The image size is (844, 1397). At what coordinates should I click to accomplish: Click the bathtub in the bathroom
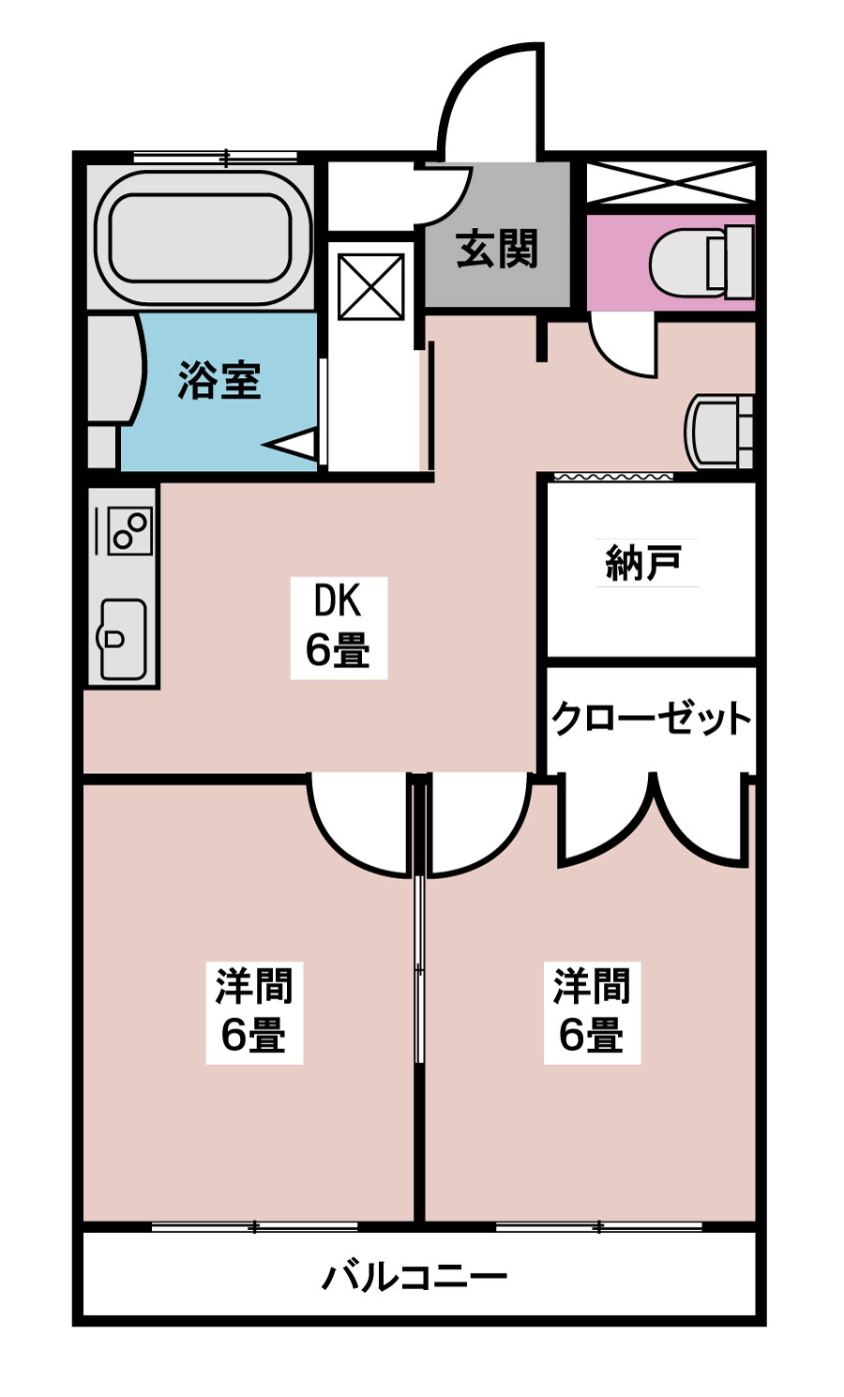point(203,236)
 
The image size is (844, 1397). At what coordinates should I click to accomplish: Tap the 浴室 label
point(219,381)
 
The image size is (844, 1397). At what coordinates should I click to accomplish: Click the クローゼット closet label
point(651,720)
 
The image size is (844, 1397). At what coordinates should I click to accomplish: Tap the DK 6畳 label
point(338,626)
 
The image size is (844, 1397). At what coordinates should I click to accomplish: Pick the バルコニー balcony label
point(415,1277)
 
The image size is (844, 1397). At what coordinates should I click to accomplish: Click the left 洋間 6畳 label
point(254,1012)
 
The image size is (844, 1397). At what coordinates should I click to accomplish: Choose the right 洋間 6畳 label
point(592,1012)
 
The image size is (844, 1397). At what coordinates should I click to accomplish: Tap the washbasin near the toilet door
point(720,432)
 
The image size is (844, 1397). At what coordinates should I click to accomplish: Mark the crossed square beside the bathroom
point(370,287)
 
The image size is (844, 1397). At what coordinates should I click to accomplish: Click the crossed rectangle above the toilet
point(671,182)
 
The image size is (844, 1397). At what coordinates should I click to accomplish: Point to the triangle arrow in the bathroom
point(294,443)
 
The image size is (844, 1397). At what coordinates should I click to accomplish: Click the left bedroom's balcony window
point(254,1226)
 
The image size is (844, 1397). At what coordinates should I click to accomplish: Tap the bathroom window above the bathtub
point(225,158)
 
